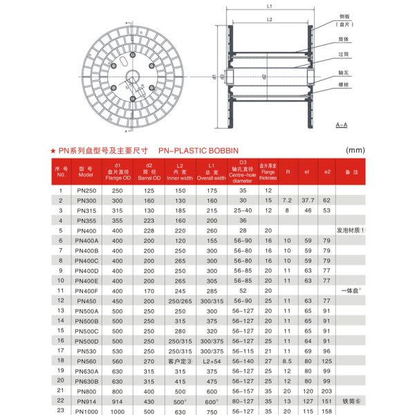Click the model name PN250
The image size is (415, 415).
86,190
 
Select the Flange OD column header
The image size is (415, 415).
117,172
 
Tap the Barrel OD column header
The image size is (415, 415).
147,172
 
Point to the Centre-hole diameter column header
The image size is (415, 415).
243,172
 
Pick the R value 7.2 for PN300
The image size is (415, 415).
287,200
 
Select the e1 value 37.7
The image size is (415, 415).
307,200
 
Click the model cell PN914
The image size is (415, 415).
86,400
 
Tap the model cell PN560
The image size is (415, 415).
86,361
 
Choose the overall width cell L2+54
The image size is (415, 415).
211,361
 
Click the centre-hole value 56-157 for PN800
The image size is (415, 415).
243,391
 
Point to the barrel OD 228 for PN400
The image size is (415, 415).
147,230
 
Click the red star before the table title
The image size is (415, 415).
54,149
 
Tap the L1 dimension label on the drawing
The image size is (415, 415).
268,6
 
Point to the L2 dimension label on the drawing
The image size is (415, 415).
268,21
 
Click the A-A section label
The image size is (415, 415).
341,124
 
